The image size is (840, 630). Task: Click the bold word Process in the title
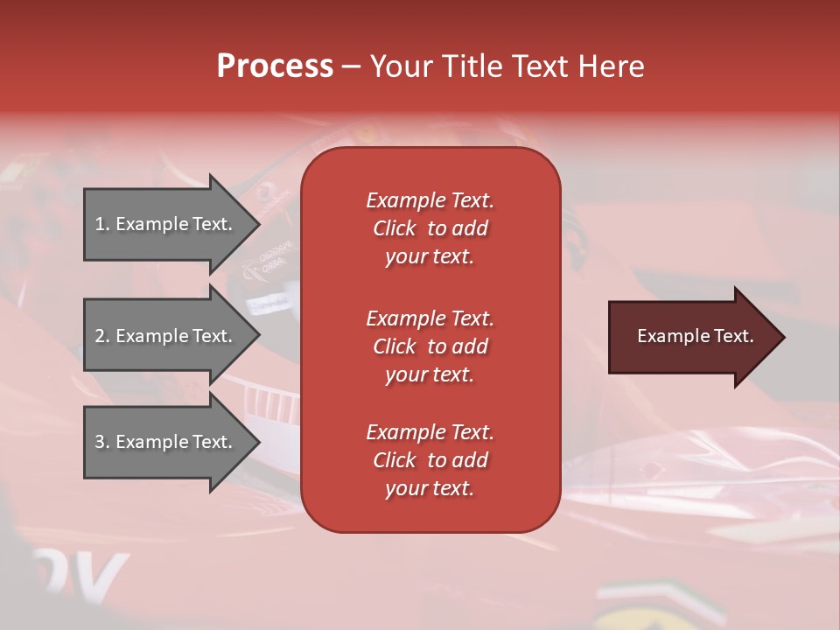click(275, 66)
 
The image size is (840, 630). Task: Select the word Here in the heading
click(610, 66)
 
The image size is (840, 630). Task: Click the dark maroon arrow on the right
click(691, 337)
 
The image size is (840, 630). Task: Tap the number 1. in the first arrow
click(102, 224)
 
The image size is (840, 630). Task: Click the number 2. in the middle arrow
click(102, 336)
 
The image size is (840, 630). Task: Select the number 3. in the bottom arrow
click(102, 442)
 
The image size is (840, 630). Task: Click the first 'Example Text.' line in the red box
click(430, 200)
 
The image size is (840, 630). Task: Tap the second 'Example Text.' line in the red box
click(430, 318)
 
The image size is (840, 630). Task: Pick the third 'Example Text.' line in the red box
click(430, 432)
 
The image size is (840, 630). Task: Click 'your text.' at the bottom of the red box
click(430, 488)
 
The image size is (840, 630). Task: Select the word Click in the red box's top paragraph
click(394, 228)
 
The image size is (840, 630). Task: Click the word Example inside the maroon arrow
click(665, 336)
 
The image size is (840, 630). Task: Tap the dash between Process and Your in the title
click(351, 66)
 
